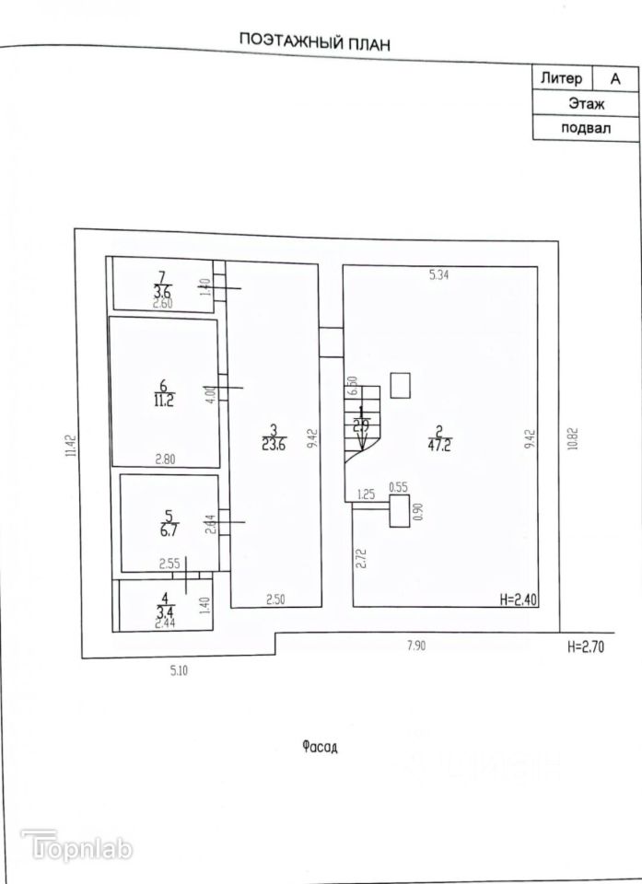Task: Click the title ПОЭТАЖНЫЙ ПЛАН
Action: (x=316, y=41)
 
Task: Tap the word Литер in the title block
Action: (x=560, y=78)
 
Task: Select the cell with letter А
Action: (x=614, y=79)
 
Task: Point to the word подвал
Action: (x=586, y=128)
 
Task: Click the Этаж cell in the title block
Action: (x=586, y=103)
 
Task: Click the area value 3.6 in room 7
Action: (x=163, y=292)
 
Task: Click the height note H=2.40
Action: (x=518, y=599)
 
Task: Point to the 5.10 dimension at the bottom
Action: (x=179, y=670)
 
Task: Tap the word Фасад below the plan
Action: (x=320, y=745)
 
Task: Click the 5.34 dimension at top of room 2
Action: (x=440, y=274)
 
